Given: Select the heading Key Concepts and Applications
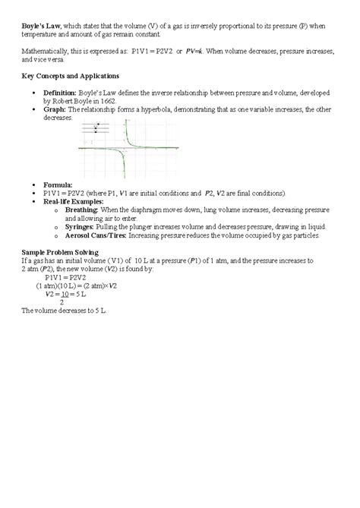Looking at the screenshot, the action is [68, 77].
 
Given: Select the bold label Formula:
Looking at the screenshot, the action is [59, 185].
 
